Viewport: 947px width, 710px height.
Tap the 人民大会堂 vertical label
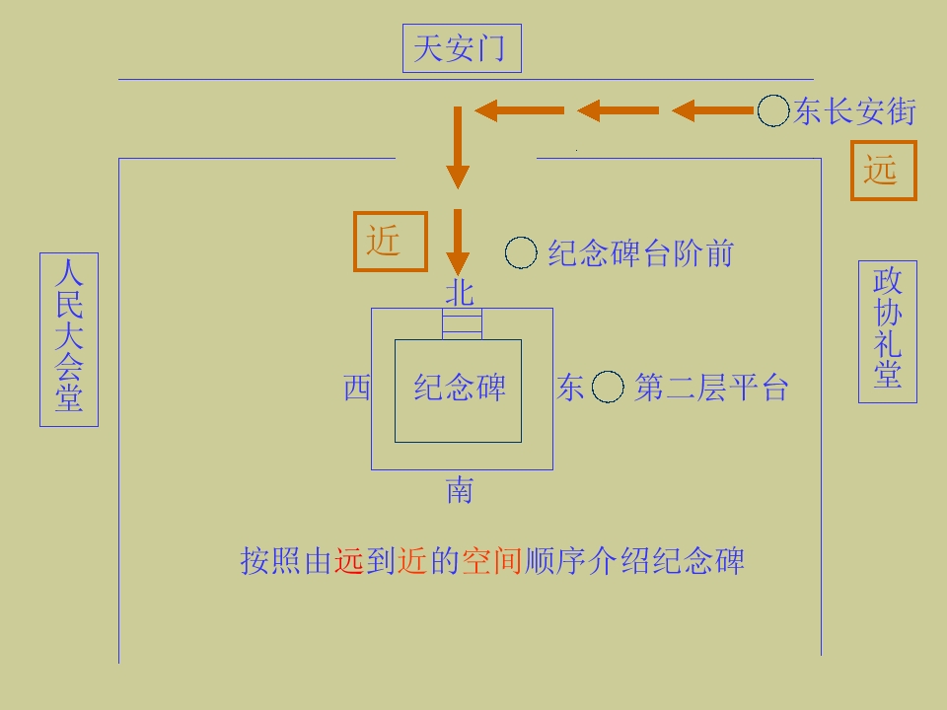[x=69, y=339]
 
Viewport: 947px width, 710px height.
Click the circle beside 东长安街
[x=773, y=110]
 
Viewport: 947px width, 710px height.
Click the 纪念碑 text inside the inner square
[x=460, y=388]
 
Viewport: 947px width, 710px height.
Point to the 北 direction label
[x=460, y=292]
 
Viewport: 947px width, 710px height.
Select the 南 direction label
[x=460, y=490]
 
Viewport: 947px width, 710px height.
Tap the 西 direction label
[x=357, y=387]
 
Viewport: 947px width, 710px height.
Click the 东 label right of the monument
[x=569, y=387]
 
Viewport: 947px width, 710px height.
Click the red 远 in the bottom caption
[x=349, y=561]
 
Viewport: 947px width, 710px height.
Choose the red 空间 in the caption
[x=491, y=561]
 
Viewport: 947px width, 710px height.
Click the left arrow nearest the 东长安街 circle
[x=712, y=110]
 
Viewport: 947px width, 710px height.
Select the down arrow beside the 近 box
[x=458, y=243]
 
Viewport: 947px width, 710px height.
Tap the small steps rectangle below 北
[x=462, y=324]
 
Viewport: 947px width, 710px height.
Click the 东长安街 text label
[x=854, y=111]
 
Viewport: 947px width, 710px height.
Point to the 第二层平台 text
[x=711, y=388]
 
